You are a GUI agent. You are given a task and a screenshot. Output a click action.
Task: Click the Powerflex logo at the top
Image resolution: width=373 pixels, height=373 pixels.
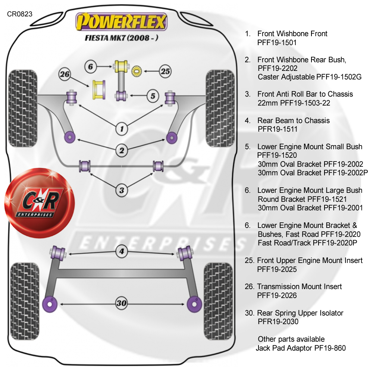coord(121,22)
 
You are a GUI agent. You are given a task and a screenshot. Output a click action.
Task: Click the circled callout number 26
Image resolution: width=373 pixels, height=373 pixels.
coord(65,75)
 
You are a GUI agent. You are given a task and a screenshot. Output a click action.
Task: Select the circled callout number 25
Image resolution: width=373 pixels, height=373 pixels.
coord(165,70)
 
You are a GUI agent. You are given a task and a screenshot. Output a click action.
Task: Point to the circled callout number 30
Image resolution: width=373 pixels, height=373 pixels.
coord(121,303)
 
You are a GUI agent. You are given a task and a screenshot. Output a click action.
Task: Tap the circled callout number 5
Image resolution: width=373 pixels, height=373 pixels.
coord(153,96)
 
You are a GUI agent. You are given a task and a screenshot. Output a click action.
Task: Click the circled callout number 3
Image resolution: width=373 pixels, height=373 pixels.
coord(121,190)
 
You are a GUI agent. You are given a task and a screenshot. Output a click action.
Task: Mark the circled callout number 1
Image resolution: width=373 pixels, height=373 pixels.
coord(121,129)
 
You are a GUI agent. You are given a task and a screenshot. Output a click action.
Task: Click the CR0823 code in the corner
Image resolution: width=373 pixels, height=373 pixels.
coord(19,14)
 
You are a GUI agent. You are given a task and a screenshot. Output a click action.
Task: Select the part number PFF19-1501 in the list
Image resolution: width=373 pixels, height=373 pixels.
coord(277,43)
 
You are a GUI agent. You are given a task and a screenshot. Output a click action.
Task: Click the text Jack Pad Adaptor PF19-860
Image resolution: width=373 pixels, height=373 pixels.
coord(301,348)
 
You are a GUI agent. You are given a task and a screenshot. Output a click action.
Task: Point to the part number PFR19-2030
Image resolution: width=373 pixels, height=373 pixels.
coord(278,322)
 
